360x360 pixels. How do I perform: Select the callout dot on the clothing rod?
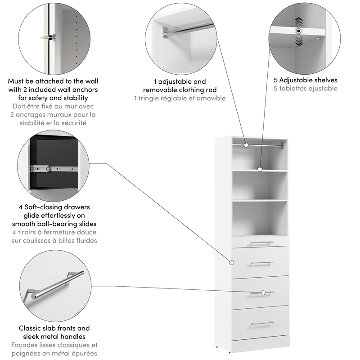point(246,145)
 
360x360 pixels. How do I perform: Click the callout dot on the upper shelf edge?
point(260,170)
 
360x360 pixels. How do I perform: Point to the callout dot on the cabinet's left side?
point(232,262)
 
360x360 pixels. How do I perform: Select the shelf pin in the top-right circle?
point(297,31)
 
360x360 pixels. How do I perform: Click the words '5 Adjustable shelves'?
point(306,80)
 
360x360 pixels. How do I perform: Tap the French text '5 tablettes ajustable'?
point(306,89)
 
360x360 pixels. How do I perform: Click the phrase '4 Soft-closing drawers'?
point(54,207)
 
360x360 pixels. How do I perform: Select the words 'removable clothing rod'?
point(180,90)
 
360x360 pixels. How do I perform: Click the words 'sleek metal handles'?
point(54,337)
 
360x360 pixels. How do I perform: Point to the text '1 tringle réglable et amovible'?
point(180,98)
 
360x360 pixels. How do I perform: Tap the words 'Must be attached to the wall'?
point(53,81)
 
